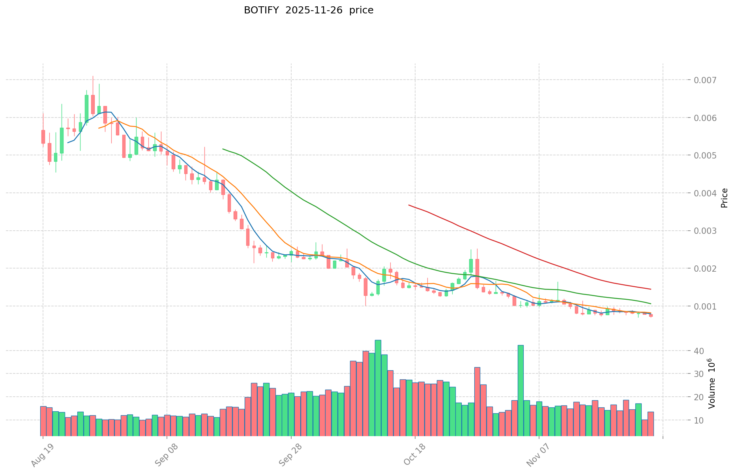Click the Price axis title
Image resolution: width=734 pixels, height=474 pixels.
pos(724,198)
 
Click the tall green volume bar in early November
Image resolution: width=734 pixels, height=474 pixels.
pos(521,390)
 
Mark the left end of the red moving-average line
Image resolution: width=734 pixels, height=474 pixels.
pos(409,205)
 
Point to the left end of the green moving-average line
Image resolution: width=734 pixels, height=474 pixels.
pos(223,149)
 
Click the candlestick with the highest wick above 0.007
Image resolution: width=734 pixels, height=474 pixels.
pos(93,104)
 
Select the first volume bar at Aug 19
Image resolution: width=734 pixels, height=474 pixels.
pos(43,421)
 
